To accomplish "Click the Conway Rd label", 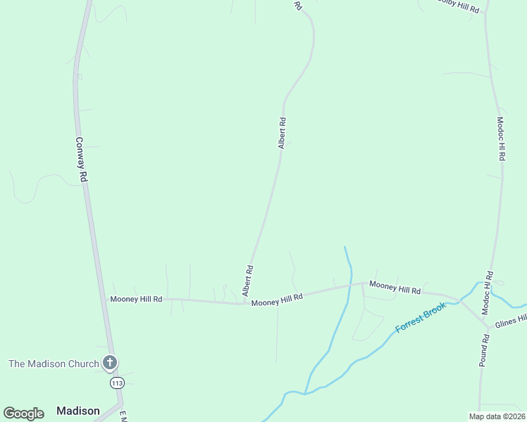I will (82, 159).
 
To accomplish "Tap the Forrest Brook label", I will (421, 317).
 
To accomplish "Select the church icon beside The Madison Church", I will (109, 363).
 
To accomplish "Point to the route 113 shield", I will (117, 383).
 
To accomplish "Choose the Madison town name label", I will (77, 411).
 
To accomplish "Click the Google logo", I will (23, 414).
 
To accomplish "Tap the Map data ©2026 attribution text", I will (497, 416).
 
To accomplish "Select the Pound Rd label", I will (485, 350).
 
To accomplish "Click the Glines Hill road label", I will (511, 321).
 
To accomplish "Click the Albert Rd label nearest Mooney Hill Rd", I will (247, 280).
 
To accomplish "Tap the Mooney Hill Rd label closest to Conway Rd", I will (137, 299).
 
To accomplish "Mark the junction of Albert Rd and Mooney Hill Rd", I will (244, 303).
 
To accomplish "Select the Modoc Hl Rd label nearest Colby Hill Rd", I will (501, 139).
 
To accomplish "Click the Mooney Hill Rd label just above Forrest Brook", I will (395, 287).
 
